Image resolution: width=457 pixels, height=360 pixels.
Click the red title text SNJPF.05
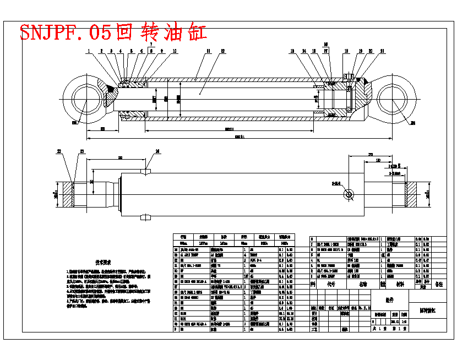pos(66,32)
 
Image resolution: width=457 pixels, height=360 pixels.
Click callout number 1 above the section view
pos(88,51)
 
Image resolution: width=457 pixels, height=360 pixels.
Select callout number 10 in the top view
pos(175,51)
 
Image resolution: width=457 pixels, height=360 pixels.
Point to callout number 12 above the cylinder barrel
pos(222,51)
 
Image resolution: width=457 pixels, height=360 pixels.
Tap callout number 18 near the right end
pos(346,51)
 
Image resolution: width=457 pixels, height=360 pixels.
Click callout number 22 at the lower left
pos(59,151)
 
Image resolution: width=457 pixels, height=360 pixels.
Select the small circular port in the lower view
pos(349,194)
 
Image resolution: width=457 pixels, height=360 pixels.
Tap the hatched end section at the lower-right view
pos(412,194)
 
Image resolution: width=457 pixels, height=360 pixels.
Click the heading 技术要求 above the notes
pos(103,263)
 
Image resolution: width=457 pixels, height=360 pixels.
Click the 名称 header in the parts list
pos(363,285)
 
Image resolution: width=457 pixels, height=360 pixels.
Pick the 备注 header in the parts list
pos(439,285)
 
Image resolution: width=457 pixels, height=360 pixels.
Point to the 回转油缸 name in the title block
pos(428,312)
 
